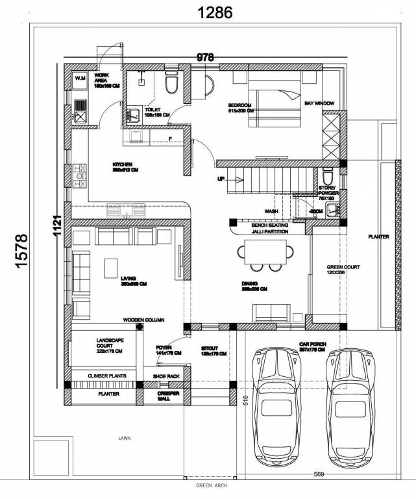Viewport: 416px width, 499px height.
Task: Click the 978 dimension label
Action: (205, 58)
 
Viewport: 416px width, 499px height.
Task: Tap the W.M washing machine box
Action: (80, 79)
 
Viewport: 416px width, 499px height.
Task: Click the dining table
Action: (265, 253)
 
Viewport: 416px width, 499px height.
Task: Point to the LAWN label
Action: (125, 438)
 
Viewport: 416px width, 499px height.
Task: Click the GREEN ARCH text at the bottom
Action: (211, 485)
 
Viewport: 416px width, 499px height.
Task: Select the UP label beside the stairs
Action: (221, 178)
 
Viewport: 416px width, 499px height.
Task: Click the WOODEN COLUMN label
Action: (144, 320)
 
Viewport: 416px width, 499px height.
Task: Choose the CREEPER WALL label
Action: (165, 397)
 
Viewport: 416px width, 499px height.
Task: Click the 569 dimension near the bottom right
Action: (318, 473)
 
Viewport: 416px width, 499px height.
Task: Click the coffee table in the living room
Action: (111, 267)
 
